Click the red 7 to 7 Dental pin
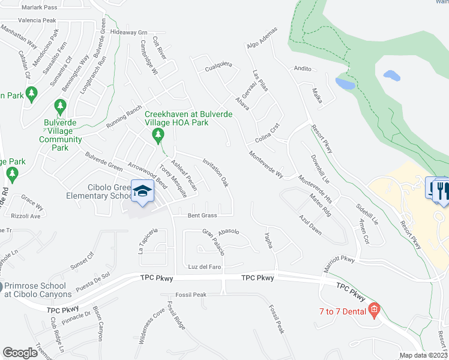(374, 310)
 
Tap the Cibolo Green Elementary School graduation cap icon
(143, 191)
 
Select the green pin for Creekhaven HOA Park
(158, 135)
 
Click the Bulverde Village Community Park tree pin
(59, 107)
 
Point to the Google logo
(20, 353)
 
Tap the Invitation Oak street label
(216, 172)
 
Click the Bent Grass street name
(202, 215)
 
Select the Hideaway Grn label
(128, 32)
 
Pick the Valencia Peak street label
(37, 20)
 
